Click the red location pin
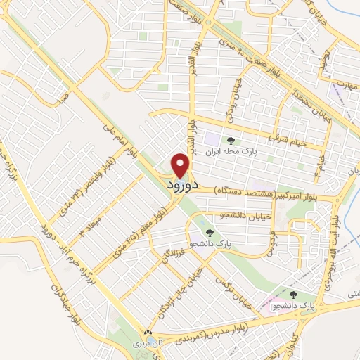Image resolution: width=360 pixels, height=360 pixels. click(x=181, y=165)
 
